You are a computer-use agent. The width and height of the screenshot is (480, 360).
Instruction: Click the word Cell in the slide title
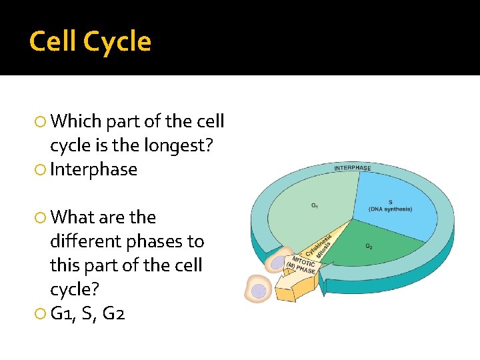pyautogui.click(x=54, y=41)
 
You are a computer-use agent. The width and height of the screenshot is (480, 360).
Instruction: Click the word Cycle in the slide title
pyautogui.click(x=118, y=41)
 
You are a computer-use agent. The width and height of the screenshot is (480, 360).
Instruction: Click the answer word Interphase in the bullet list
pyautogui.click(x=93, y=169)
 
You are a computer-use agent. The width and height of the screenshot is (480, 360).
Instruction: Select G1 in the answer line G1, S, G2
pyautogui.click(x=64, y=313)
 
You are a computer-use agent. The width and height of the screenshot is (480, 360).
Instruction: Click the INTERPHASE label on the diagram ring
pyautogui.click(x=352, y=167)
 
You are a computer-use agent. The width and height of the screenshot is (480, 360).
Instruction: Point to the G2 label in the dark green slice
pyautogui.click(x=369, y=245)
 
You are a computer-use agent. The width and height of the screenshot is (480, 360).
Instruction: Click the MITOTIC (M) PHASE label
pyautogui.click(x=302, y=265)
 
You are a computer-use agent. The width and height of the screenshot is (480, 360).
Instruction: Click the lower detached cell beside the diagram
pyautogui.click(x=257, y=289)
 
